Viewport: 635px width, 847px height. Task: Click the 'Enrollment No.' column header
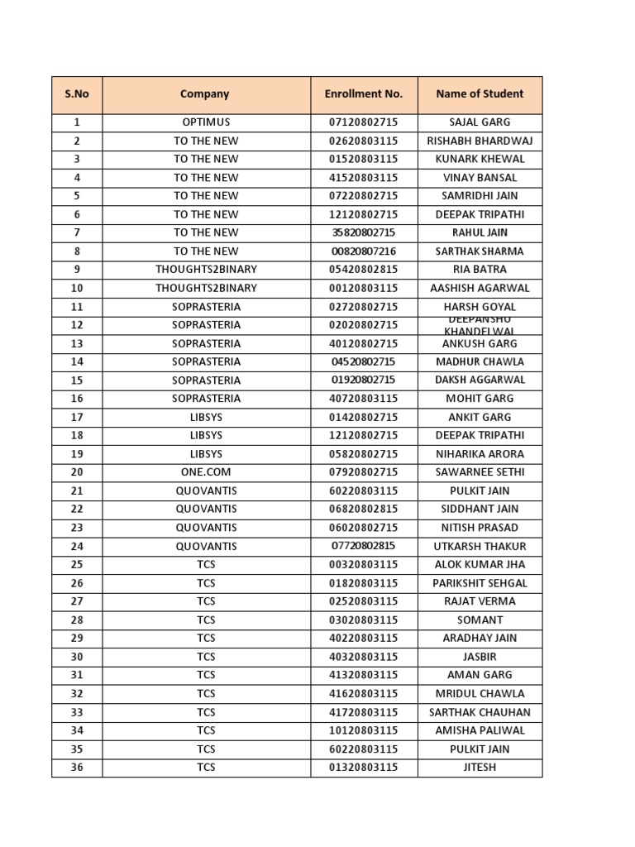click(x=364, y=94)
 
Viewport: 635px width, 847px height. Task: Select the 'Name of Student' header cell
click(x=480, y=94)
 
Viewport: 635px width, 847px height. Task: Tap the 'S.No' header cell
click(x=77, y=94)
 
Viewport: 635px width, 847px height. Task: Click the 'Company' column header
click(x=205, y=94)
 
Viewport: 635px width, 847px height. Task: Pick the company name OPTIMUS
click(x=206, y=122)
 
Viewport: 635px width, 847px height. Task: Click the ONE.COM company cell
click(x=206, y=472)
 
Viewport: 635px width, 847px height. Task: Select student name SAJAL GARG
click(x=480, y=122)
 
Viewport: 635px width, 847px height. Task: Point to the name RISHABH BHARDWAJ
click(x=480, y=141)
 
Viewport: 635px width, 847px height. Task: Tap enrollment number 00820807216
click(x=364, y=251)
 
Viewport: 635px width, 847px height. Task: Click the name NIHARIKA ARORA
click(x=480, y=454)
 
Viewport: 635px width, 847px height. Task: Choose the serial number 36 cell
click(x=77, y=768)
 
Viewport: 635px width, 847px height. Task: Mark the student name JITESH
click(x=480, y=768)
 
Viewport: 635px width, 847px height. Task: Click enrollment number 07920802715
click(x=364, y=472)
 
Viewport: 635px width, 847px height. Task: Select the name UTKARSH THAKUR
click(x=480, y=547)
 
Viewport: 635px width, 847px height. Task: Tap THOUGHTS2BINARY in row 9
click(x=206, y=270)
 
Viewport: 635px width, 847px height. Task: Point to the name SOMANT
click(x=480, y=620)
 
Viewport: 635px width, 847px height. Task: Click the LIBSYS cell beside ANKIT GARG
click(x=206, y=418)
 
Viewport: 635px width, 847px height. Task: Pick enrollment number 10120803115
click(x=364, y=731)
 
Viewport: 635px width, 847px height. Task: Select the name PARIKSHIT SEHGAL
click(x=480, y=583)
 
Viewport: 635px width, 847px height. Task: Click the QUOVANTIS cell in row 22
click(x=206, y=510)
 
